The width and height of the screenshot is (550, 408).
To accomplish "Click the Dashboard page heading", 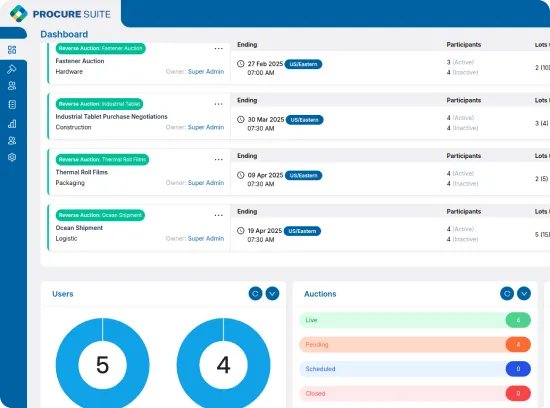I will click(64, 34).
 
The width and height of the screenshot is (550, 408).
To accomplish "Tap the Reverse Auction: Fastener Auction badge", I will click(100, 48).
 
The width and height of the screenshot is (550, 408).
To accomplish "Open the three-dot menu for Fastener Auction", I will click(218, 48).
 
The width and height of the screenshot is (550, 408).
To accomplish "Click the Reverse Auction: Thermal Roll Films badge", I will click(103, 159).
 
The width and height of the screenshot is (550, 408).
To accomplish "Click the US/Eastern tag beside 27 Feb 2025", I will click(303, 63).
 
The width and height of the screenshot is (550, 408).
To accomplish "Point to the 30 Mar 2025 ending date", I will click(263, 119).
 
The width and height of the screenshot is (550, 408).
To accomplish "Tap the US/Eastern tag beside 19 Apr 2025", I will click(303, 230).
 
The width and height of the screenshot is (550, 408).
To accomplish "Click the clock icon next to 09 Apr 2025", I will click(241, 175).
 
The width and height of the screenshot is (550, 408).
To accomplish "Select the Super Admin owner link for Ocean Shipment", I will click(206, 239).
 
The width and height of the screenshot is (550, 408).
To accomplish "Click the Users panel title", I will click(63, 294).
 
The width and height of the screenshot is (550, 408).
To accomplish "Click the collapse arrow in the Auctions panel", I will click(524, 293).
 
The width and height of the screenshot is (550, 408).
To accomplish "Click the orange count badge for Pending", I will click(518, 344).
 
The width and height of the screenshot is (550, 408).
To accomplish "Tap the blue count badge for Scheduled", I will click(518, 369).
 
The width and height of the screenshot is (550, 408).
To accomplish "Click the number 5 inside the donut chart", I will click(102, 365).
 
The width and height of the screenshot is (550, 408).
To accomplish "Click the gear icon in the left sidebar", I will click(12, 157).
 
